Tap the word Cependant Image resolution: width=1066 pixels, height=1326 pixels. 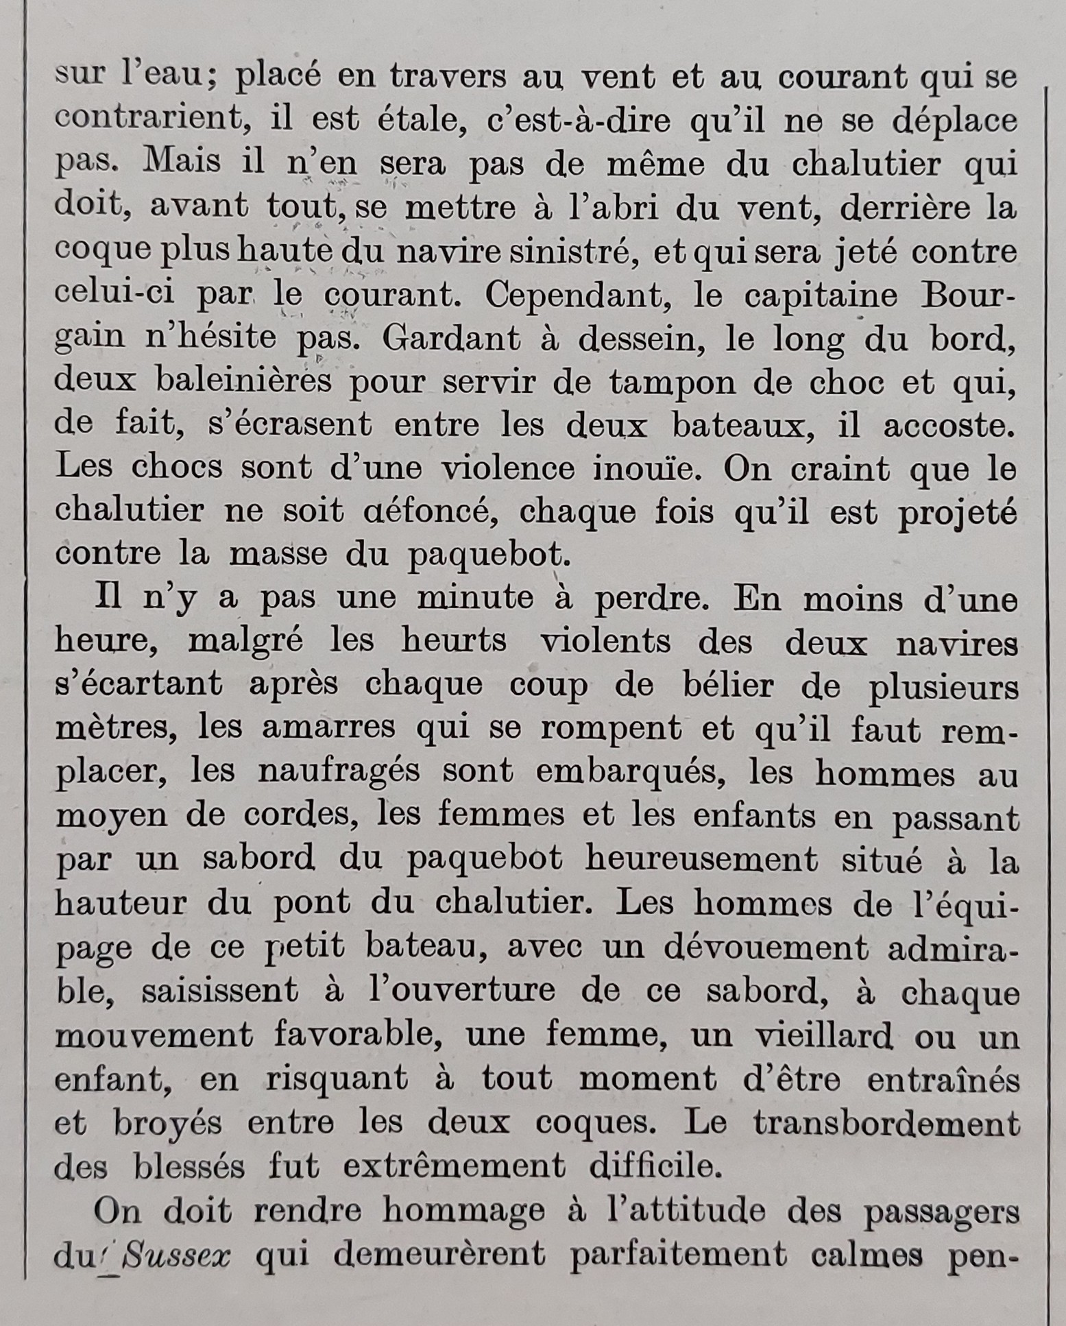[x=590, y=296]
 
